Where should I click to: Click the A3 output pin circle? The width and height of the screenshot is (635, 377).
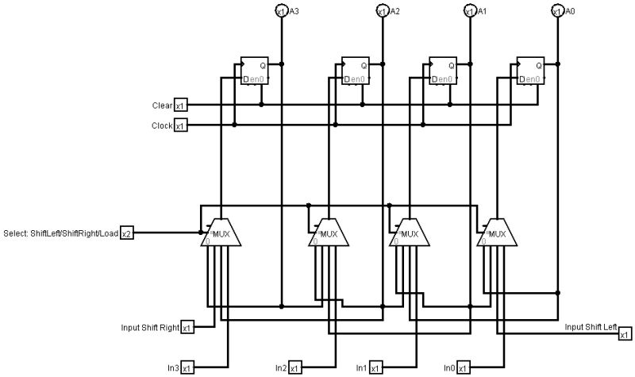281,10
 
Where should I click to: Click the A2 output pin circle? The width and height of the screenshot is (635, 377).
381,10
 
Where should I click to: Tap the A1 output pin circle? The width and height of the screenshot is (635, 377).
469,10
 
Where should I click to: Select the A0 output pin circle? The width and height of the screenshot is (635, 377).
556,10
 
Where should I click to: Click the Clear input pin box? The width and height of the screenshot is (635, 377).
180,106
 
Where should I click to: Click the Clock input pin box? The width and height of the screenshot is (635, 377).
180,125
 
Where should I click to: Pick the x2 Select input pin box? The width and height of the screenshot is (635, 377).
127,233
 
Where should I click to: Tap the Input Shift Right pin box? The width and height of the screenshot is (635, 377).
187,327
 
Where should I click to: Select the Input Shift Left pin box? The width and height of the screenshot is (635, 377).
625,334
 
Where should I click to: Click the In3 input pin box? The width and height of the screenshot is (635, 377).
187,367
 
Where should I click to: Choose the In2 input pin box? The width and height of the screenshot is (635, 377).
294,367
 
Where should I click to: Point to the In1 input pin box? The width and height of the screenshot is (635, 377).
375,367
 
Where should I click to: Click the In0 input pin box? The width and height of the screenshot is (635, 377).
463,367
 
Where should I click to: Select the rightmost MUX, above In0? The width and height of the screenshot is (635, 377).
496,234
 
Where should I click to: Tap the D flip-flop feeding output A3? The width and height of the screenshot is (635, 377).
258,71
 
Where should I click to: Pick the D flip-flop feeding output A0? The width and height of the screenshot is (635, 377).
530,71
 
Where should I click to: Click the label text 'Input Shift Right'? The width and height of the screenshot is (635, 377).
150,327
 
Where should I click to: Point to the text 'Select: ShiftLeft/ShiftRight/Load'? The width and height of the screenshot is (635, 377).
62,233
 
